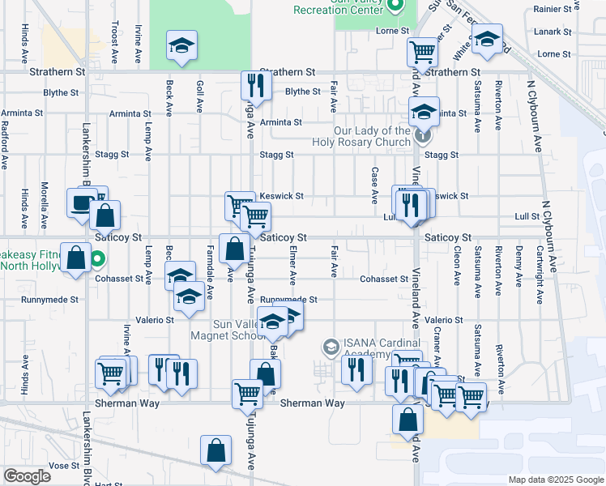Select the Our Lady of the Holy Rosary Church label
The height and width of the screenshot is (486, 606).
point(372,136)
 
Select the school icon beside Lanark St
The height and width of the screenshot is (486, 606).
point(487,40)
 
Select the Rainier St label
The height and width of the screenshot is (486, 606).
point(553,10)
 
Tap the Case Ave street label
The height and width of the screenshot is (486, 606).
point(374,185)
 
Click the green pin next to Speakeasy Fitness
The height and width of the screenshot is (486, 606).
point(96,260)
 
